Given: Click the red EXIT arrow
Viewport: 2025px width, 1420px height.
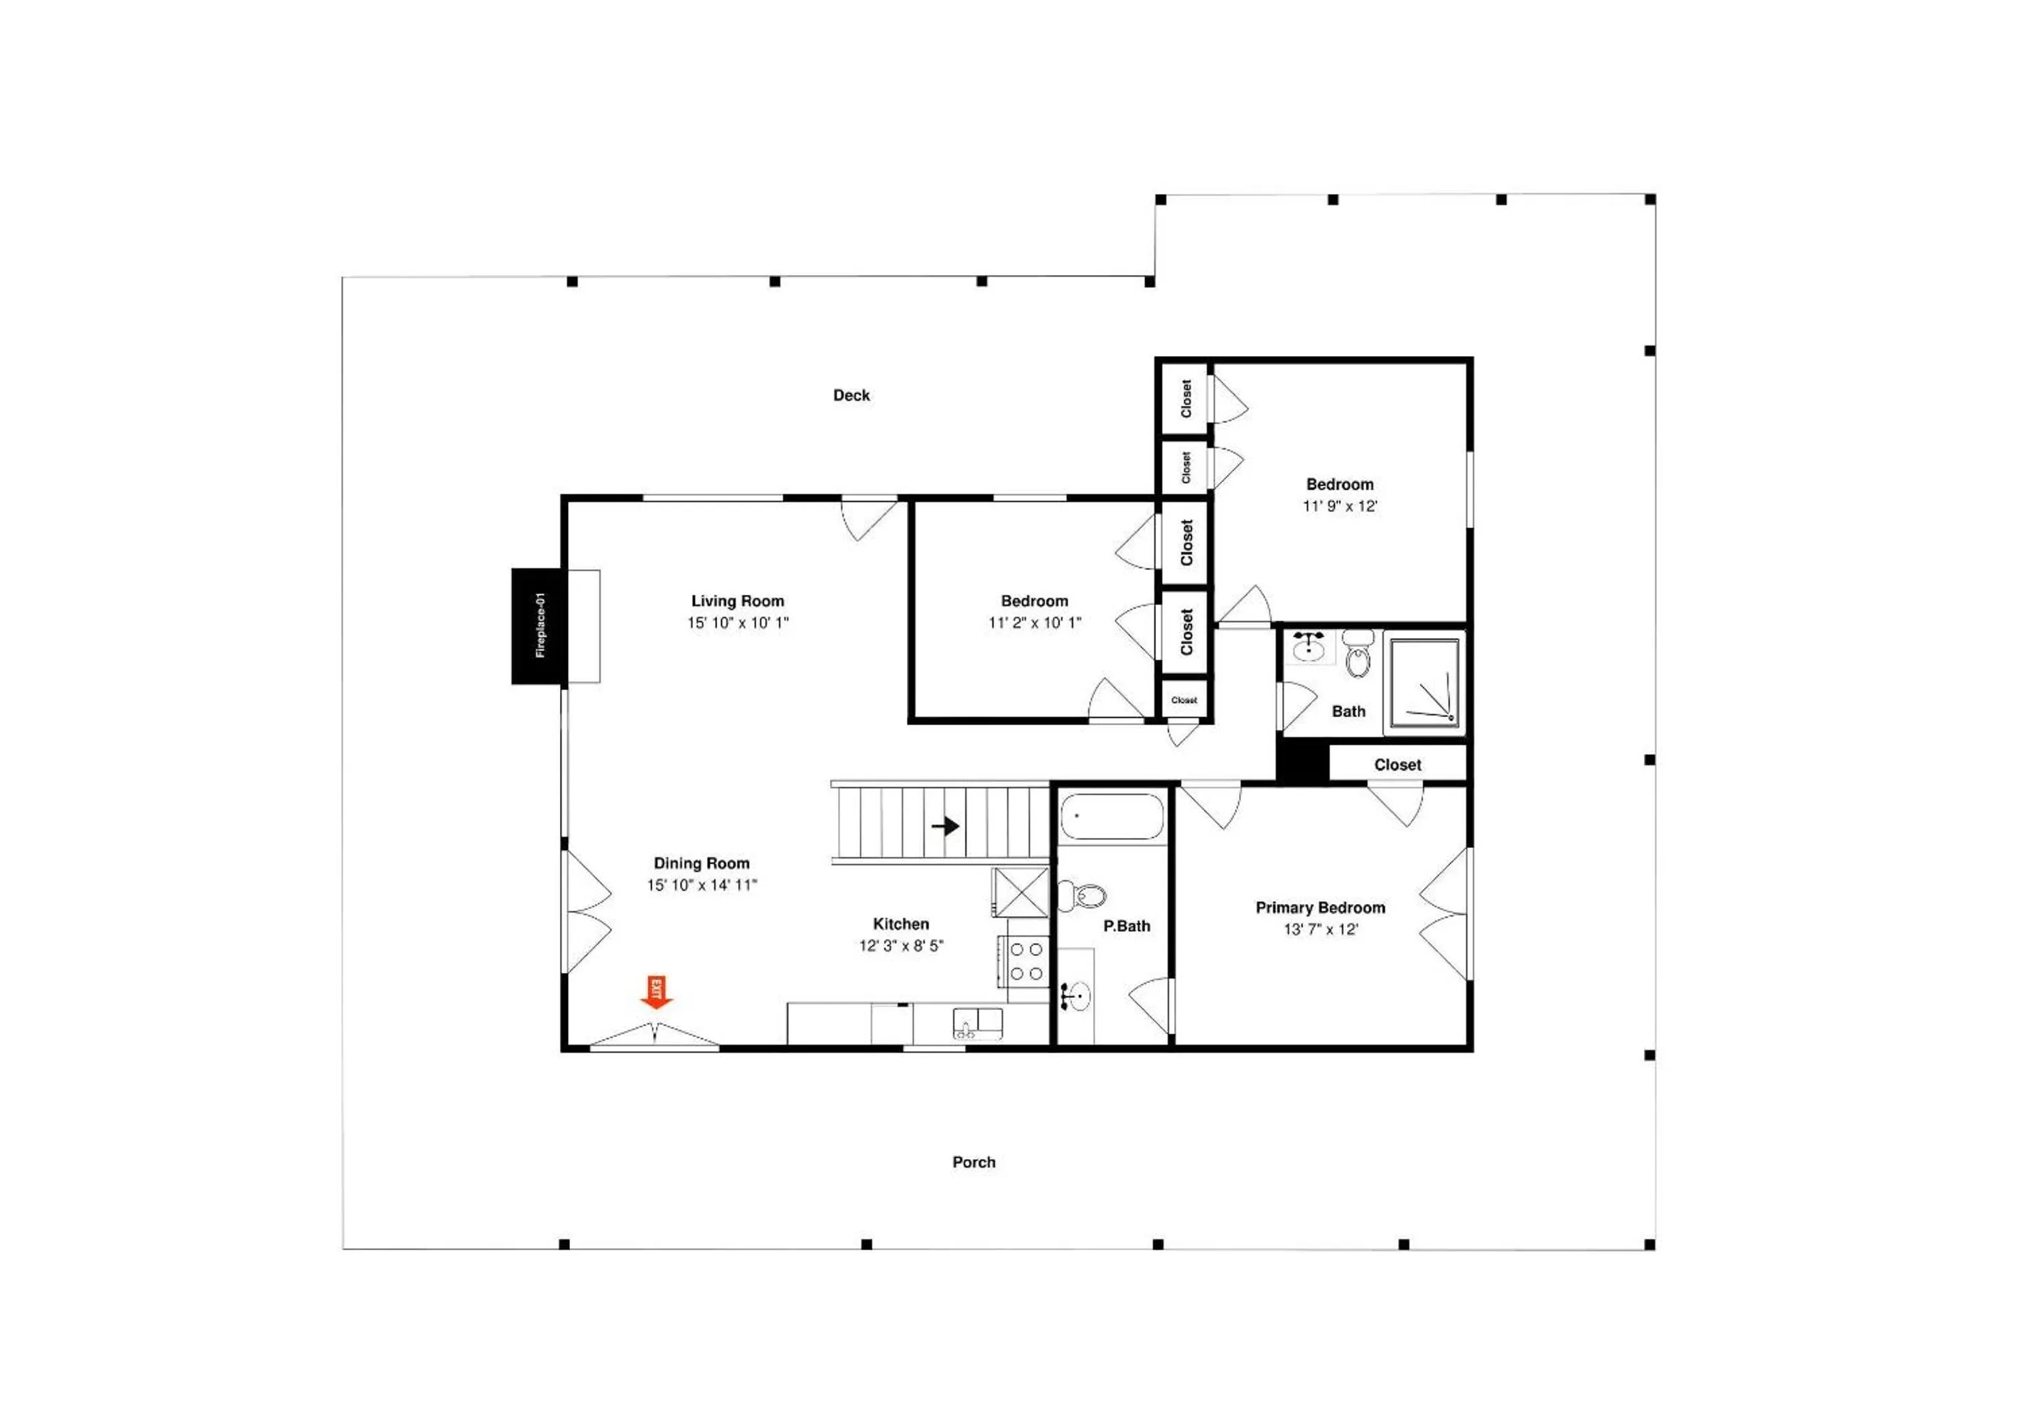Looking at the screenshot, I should [x=656, y=991].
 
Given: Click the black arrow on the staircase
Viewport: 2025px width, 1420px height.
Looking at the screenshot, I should [x=945, y=826].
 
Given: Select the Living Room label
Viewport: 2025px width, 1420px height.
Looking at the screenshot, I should [x=737, y=601].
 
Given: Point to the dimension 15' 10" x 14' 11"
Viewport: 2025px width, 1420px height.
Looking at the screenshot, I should [x=702, y=885].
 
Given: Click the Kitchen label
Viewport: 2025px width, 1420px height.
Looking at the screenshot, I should [x=901, y=923].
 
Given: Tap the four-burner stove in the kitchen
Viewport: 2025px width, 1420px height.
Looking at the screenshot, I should [x=1026, y=960].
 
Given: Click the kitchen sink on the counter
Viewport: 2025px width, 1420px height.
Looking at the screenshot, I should [x=977, y=1023].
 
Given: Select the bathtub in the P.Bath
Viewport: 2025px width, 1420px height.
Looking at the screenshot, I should [x=1111, y=817].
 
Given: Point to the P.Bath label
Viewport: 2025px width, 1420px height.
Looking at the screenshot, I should [x=1127, y=925].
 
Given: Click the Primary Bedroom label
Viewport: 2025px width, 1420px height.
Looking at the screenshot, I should [x=1319, y=907].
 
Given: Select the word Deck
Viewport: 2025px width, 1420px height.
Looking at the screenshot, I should [x=851, y=395].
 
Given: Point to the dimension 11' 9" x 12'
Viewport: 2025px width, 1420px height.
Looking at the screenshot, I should [x=1339, y=505].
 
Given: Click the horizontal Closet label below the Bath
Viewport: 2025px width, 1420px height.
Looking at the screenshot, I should [x=1397, y=765].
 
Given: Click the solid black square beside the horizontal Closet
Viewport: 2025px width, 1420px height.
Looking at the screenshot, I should [x=1303, y=762].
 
